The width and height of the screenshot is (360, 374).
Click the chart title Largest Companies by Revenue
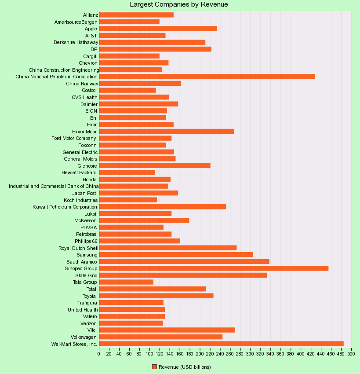point(179,4)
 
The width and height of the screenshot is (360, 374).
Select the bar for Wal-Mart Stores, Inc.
point(221,344)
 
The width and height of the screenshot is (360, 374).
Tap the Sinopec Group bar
point(214,268)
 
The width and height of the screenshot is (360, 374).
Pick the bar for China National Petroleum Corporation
point(207,77)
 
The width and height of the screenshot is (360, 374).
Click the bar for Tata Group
point(126,282)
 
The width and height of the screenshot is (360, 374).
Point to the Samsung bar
point(176,255)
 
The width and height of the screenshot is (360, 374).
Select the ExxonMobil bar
point(167,132)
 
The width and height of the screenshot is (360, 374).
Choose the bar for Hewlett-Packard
point(127,172)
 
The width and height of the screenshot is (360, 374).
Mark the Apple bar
point(158,29)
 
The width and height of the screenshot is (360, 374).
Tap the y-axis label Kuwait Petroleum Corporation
point(65,207)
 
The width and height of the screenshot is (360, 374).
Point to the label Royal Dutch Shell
point(78,248)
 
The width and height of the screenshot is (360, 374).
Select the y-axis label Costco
point(88,90)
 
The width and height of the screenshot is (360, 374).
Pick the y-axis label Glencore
point(87,166)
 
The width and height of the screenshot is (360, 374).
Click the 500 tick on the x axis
point(351,353)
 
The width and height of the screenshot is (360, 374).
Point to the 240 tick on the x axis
point(220,353)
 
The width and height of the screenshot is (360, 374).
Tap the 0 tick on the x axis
point(99,353)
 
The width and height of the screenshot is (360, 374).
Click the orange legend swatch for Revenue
point(154,367)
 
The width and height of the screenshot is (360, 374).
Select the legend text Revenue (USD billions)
point(185,367)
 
